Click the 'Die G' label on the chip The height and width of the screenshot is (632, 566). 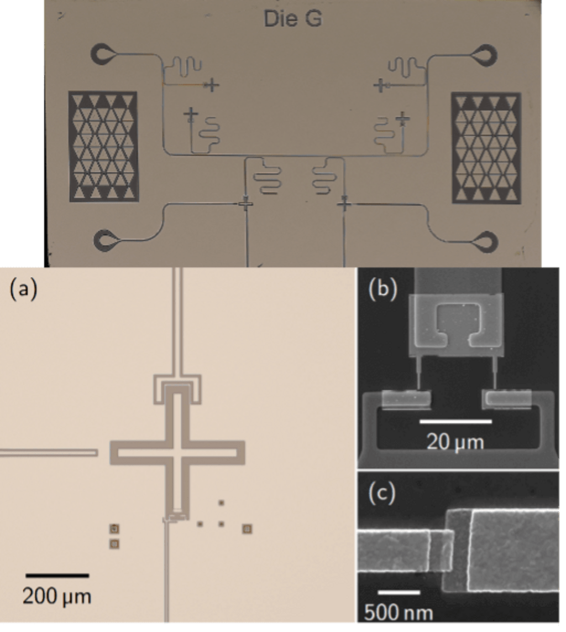[292, 19]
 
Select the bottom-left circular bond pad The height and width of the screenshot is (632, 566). [104, 241]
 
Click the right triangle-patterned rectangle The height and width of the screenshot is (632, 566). [486, 147]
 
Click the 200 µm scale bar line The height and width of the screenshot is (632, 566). [57, 576]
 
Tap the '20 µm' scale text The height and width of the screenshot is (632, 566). [455, 442]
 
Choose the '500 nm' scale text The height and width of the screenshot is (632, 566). [399, 613]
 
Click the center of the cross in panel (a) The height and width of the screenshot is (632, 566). [177, 453]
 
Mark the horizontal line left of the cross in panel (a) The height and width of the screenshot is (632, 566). [49, 453]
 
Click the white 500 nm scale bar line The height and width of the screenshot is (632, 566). [399, 592]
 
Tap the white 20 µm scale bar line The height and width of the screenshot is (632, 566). [455, 422]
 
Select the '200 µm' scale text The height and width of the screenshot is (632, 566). [57, 596]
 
